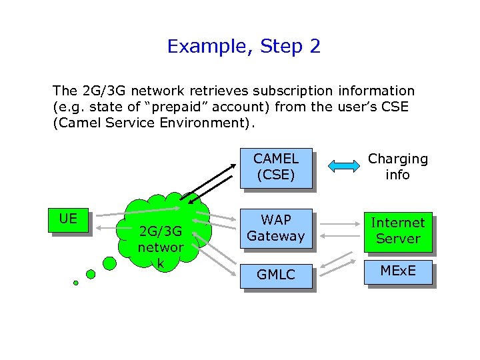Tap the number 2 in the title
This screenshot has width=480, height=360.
(x=315, y=47)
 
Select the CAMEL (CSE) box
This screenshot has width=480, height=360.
(x=275, y=167)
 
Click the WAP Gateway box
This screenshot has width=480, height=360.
(x=275, y=227)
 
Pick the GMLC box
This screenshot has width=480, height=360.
(x=275, y=274)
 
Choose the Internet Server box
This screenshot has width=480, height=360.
(x=397, y=231)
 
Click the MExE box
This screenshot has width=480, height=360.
(x=397, y=271)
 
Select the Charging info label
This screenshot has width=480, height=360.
(x=398, y=167)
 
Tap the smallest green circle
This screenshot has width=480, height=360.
(x=76, y=283)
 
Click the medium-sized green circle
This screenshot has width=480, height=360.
(x=91, y=273)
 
